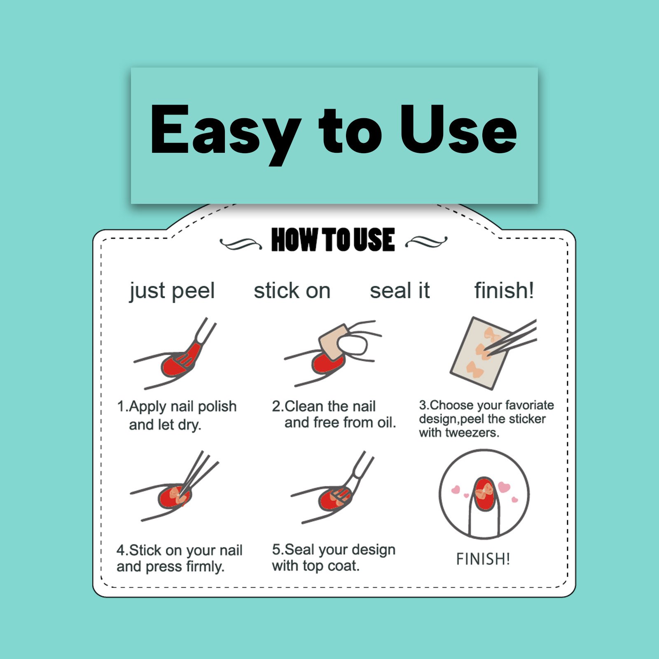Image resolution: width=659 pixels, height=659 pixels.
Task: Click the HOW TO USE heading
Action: pos(333,240)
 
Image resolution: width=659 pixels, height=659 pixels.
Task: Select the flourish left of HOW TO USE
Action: pos(241,244)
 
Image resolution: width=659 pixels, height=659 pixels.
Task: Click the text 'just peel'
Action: pos(172,291)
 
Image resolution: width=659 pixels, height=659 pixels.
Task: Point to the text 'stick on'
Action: pos(292,291)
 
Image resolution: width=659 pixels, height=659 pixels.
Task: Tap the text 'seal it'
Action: pos(400,290)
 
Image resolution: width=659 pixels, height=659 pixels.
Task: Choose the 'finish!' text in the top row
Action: pos(504,290)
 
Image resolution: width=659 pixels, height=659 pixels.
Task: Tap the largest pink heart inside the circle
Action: pos(504,487)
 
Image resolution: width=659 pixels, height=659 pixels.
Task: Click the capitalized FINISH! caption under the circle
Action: pos(483,559)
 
